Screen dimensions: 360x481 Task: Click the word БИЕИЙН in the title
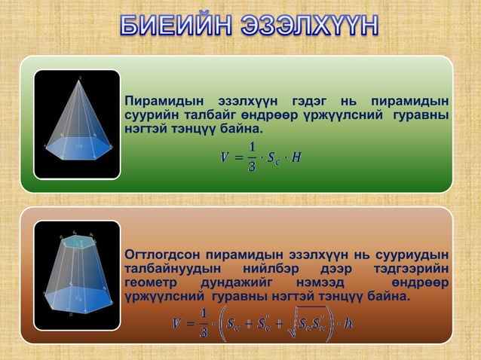[x=176, y=28]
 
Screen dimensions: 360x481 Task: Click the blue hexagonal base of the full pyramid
[x=77, y=148]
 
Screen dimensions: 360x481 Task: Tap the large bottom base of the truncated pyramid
[x=78, y=295]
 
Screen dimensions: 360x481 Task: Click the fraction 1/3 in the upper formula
[x=253, y=156]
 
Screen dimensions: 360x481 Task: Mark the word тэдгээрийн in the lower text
[x=412, y=268]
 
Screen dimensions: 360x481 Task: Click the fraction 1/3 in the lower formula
[x=203, y=324]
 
